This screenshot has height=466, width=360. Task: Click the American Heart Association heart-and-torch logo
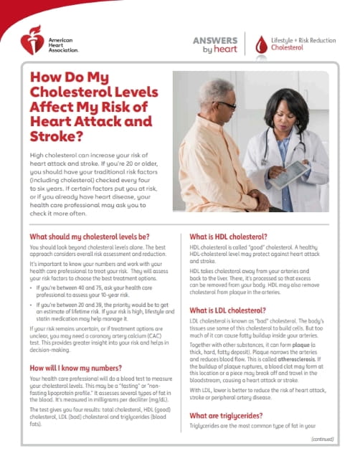click(32, 41)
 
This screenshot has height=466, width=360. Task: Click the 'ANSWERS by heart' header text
click(214, 44)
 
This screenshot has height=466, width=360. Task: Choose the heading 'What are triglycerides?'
click(234, 416)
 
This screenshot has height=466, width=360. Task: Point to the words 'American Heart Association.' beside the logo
click(62, 41)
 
